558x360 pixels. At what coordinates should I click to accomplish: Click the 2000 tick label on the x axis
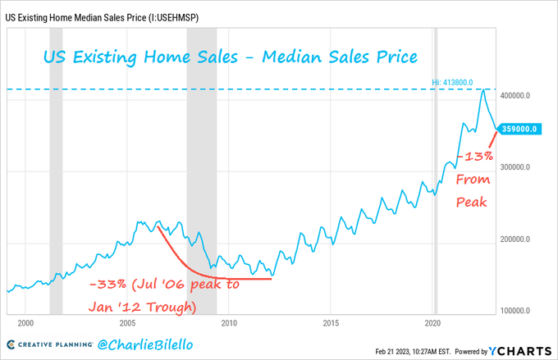point(25,322)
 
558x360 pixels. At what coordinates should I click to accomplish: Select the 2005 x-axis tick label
point(127,322)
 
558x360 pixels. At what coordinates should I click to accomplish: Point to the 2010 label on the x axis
point(229,322)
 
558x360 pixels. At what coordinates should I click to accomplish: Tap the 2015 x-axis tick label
point(332,322)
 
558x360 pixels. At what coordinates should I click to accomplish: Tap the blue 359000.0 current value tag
point(519,128)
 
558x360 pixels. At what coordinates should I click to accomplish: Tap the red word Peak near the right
point(472,202)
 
